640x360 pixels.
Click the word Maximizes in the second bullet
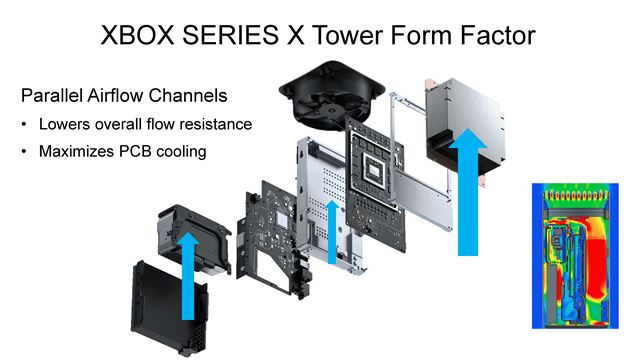78,152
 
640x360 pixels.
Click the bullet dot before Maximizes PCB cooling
26,152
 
